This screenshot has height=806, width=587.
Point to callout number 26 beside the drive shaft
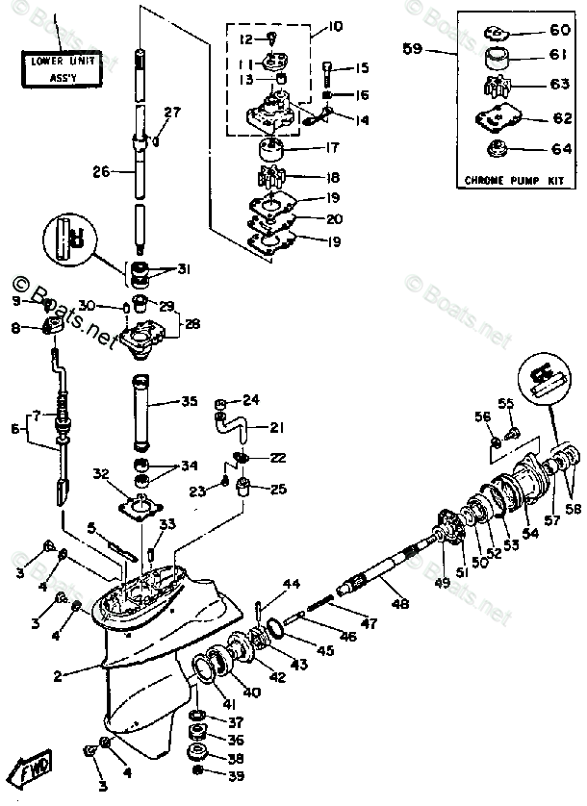101,172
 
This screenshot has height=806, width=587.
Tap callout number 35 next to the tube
189,400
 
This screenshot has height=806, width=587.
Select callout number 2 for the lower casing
57,676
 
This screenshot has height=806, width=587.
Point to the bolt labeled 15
329,73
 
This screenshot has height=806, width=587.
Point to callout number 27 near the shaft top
171,113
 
